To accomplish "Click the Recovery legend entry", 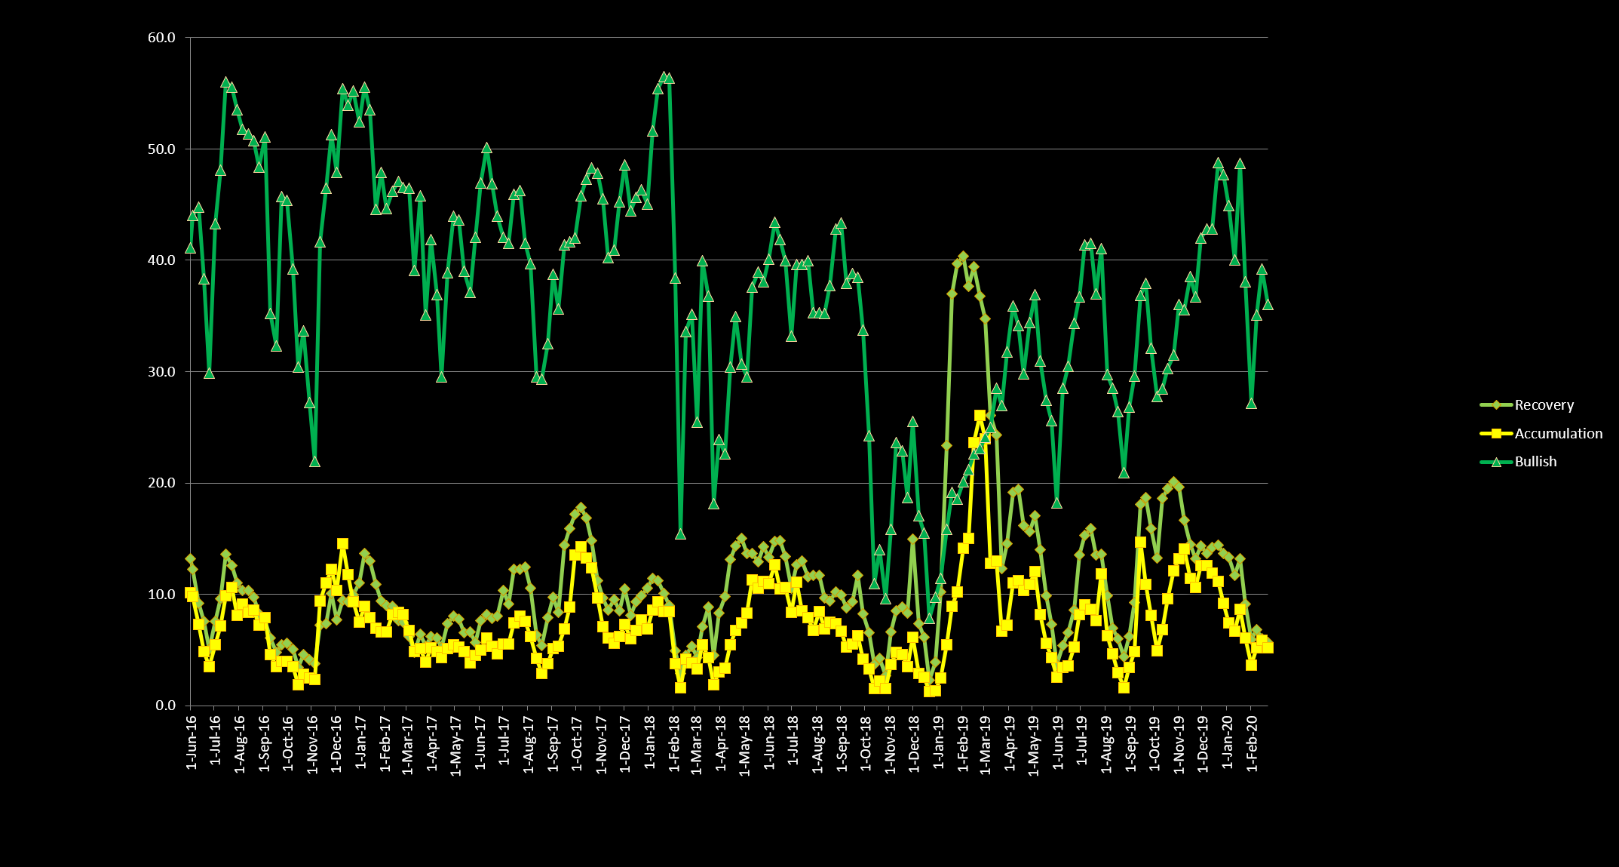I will coord(1544,405).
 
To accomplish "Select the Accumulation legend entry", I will coord(1558,434).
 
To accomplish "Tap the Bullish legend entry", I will coord(1535,462).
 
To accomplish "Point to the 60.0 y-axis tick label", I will coord(161,38).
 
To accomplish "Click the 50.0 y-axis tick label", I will coord(161,149).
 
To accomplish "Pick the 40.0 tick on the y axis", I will coord(161,260).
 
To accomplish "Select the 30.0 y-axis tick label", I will coord(161,372).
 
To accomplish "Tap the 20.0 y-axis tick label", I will coord(161,483).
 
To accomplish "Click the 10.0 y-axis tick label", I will coord(161,595).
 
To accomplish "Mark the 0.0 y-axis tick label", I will coord(165,706).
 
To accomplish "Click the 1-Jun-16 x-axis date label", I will coord(192,742).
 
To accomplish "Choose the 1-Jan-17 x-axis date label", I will coord(361,742).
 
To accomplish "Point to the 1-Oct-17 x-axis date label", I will coord(577,742).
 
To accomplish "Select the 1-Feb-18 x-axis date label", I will coord(673,742).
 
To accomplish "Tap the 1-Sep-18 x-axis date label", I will coord(842,742).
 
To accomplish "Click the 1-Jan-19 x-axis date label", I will coord(939,742).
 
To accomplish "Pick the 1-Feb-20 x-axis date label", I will coord(1252,742).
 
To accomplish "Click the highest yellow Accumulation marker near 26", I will coord(980,416).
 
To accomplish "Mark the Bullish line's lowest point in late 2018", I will coord(929,619).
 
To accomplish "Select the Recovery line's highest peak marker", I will coord(963,257).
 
